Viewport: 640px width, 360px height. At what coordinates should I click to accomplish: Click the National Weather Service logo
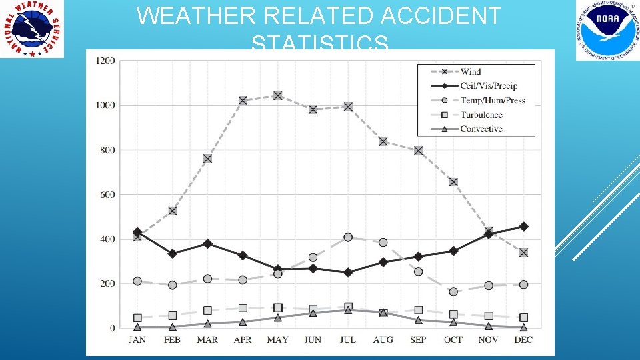(32, 29)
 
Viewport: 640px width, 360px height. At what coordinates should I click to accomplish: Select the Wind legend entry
(470, 71)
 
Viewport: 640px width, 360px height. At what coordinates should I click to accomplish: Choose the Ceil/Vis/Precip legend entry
(488, 86)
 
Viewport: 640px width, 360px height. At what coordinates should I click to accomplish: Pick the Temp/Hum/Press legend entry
(492, 101)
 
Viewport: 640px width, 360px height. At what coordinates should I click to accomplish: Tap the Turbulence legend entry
(481, 115)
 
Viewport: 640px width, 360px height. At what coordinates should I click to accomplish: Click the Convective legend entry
(481, 129)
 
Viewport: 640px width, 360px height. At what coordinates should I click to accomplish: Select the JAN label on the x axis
(137, 339)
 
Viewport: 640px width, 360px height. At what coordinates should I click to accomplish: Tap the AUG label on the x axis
(383, 339)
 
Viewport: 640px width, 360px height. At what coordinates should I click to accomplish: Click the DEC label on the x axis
(523, 339)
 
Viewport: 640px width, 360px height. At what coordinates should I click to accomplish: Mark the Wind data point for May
(277, 95)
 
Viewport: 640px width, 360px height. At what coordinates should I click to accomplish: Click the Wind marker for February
(172, 211)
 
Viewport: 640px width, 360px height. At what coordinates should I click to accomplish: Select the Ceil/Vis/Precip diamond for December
(523, 227)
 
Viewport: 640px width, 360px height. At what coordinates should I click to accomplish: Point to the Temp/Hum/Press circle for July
(348, 237)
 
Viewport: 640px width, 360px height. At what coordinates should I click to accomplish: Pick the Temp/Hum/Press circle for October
(453, 292)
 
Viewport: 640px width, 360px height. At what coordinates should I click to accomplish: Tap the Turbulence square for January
(137, 318)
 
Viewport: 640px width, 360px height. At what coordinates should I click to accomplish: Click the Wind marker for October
(453, 182)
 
